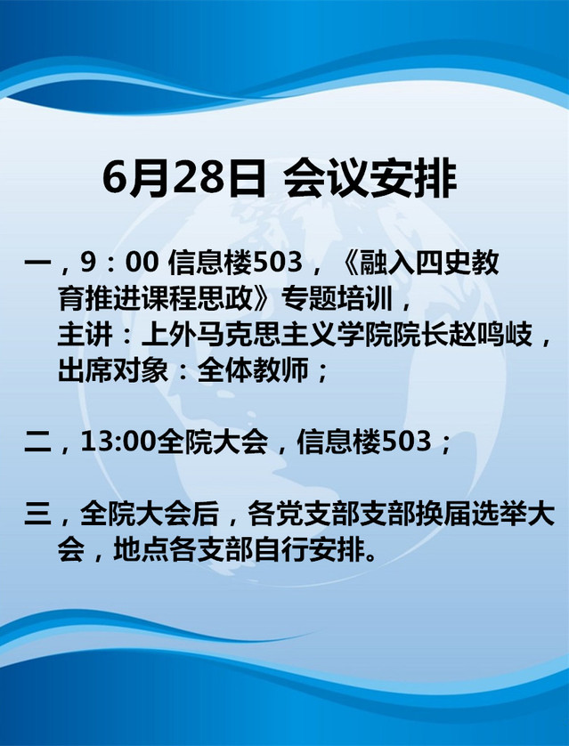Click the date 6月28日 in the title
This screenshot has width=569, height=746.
[183, 178]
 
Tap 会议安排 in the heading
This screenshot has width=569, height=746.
[370, 178]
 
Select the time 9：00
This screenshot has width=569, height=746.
[119, 264]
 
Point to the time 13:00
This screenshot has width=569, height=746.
[118, 442]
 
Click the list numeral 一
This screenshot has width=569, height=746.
[38, 264]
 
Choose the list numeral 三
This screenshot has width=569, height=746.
[38, 515]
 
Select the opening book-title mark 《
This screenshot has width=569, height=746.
[348, 264]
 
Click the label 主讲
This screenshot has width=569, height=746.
[85, 335]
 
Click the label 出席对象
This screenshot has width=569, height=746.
[113, 370]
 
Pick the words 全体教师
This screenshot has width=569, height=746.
[253, 370]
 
